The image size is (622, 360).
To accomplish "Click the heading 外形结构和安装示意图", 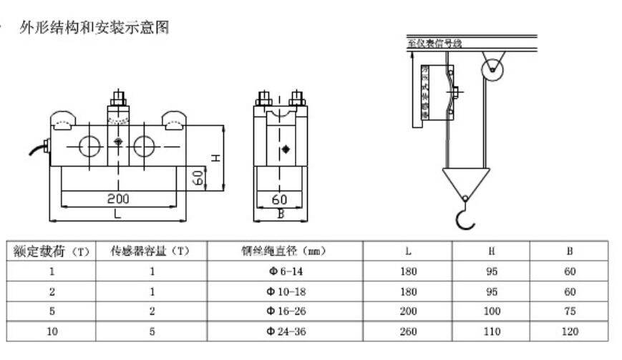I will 94,29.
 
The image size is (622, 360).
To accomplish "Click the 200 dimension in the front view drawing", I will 118,198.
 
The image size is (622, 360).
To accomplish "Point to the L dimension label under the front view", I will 117,213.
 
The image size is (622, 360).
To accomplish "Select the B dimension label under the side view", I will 281,213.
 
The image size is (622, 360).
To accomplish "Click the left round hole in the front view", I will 90,146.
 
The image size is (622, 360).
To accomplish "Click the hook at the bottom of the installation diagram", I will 465,215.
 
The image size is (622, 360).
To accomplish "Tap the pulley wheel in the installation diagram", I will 492,69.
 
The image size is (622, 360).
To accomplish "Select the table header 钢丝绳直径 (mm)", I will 284,251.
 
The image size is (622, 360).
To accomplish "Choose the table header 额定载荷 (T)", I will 51,251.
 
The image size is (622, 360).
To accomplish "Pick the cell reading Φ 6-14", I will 284,271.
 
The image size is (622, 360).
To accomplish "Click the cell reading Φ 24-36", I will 284,331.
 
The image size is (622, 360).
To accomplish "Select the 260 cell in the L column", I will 409,331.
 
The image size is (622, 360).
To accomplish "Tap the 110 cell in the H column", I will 491,331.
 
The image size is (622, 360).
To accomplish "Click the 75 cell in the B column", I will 569,311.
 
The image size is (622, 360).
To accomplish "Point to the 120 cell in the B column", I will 569,331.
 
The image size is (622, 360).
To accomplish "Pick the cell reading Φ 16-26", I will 284,311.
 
